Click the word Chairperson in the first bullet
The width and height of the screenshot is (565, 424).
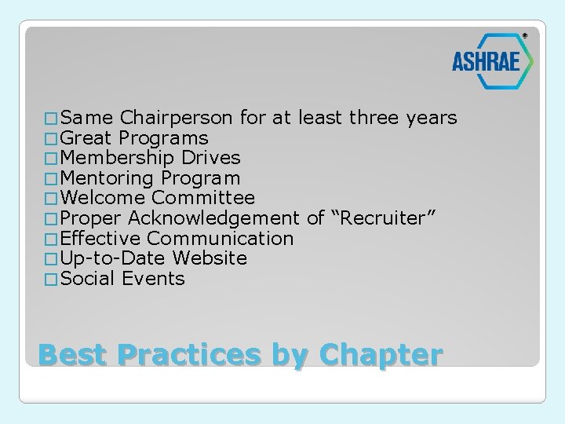[177, 119]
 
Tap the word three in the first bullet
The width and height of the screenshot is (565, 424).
[374, 119]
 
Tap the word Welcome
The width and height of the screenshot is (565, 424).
[103, 199]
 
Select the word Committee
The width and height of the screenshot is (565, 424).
[203, 199]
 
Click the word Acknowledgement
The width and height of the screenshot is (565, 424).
[214, 219]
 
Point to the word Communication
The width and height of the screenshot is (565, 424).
[221, 239]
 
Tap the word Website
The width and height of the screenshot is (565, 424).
[210, 258]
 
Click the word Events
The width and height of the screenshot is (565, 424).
[154, 279]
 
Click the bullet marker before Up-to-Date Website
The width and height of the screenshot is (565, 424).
[52, 259]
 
